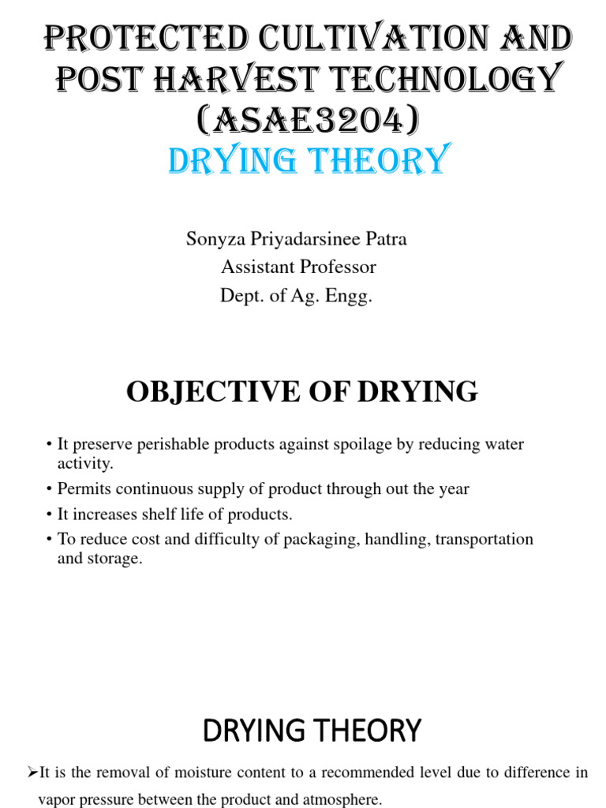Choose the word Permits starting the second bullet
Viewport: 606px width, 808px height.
82,489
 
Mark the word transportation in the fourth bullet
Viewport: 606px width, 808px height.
483,540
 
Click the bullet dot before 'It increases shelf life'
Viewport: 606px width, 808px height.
49,515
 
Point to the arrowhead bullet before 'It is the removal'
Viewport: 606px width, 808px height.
32,772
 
